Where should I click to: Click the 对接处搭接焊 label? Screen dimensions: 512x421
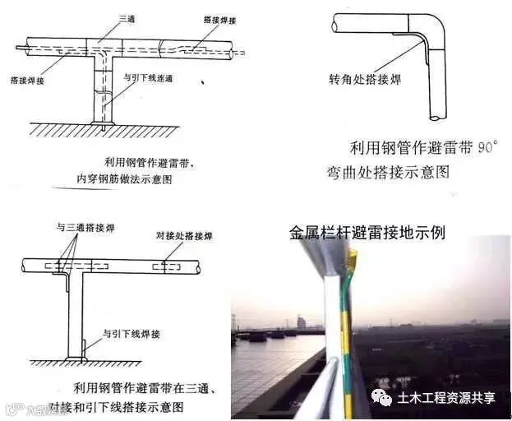184,236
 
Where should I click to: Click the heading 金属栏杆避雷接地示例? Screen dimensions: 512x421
367,231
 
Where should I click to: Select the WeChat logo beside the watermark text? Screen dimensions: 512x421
382,398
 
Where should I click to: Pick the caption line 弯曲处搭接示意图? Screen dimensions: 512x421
397,171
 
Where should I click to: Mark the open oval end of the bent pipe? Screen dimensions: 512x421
337,25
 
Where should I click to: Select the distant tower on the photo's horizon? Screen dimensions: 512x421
301,322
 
